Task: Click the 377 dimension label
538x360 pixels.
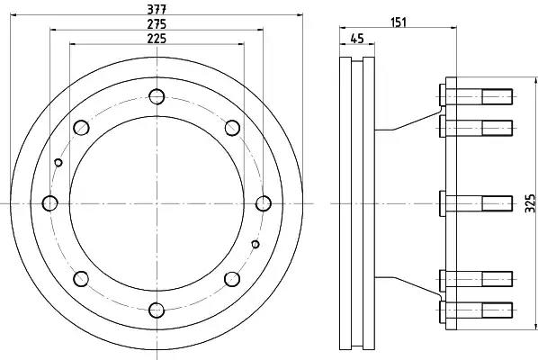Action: [157, 9]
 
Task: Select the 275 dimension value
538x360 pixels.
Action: [157, 24]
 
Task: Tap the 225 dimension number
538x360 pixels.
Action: [157, 39]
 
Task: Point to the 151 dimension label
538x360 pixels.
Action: [399, 22]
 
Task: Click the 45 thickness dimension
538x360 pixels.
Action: [357, 38]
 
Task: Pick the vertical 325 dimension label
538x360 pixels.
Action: [530, 203]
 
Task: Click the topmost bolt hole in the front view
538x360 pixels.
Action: [157, 96]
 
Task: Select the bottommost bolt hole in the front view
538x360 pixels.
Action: [157, 310]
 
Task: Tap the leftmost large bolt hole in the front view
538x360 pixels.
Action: [50, 203]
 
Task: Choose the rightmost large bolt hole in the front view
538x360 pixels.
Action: [264, 203]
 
